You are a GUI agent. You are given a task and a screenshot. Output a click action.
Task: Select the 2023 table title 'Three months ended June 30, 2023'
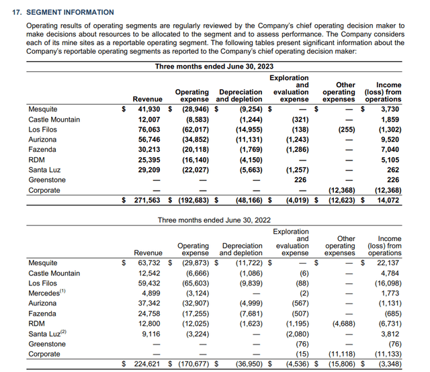tap(214, 66)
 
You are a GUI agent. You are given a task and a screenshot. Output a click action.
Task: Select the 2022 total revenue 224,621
tap(144, 365)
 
